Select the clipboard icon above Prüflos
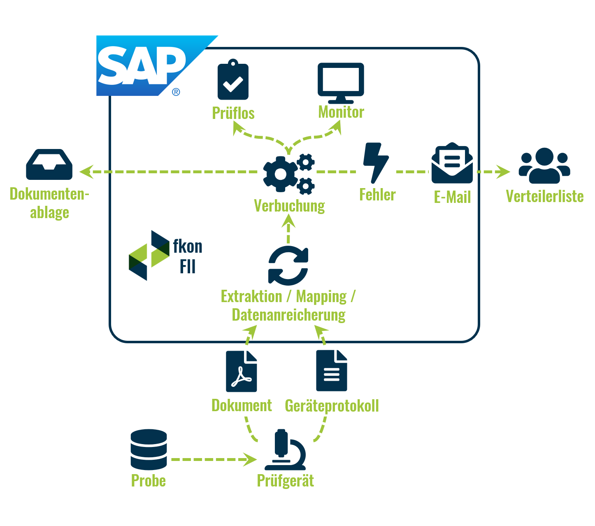(x=233, y=80)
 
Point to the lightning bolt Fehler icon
(x=376, y=163)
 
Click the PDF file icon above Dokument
(x=242, y=371)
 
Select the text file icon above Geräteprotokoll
(x=332, y=370)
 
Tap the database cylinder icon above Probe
(x=149, y=449)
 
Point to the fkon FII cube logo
(x=149, y=255)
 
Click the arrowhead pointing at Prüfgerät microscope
(x=250, y=459)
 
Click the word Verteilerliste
(x=544, y=196)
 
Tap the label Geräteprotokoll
(x=332, y=406)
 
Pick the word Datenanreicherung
(x=288, y=315)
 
